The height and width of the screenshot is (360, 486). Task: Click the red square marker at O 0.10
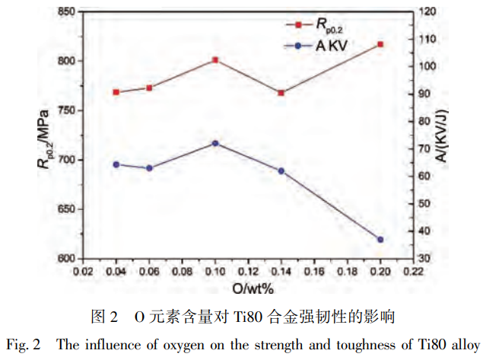point(215,59)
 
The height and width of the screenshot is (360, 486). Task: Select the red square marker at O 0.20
point(380,44)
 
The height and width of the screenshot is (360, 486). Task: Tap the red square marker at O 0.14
point(281,93)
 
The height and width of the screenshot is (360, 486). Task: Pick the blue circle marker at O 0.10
point(215,143)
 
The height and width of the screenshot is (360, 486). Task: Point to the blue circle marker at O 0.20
point(380,240)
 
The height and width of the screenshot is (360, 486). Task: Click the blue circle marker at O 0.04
point(116,164)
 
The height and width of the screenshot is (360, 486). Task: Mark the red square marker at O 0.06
point(149,88)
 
